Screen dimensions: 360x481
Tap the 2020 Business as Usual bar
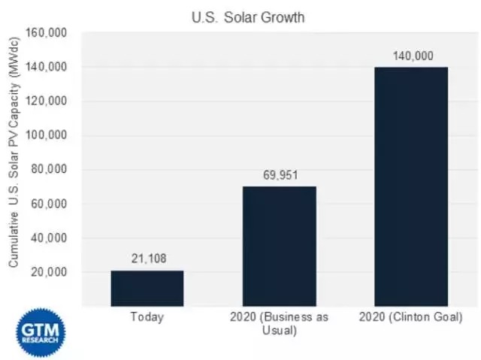tap(279, 246)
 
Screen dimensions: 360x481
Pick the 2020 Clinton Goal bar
tap(410, 186)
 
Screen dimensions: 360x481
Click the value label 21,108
tap(147, 259)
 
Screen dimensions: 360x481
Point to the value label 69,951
tap(279, 174)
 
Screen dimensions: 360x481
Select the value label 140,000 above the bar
tap(410, 55)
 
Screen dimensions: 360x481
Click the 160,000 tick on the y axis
tap(47, 33)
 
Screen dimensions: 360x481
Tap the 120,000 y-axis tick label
tap(47, 101)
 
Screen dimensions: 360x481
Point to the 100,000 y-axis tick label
tap(47, 136)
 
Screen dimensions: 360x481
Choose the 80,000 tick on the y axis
tap(50, 170)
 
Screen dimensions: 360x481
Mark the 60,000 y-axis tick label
tap(50, 204)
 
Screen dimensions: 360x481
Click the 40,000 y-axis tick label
tap(50, 238)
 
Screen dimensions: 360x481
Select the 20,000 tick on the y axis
tap(50, 272)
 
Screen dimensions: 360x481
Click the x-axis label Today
tap(147, 317)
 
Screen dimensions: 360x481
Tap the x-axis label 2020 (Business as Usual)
tap(279, 323)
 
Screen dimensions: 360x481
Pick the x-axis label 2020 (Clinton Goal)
tap(410, 317)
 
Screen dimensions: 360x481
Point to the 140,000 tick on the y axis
tap(47, 68)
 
